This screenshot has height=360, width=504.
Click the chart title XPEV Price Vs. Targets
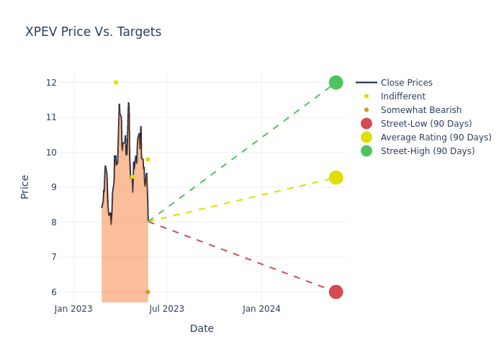[93, 32]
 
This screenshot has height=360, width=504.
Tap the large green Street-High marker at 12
[336, 82]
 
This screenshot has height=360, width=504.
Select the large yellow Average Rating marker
[336, 177]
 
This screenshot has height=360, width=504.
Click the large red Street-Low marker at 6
[336, 292]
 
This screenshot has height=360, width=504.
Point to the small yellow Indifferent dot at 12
[115, 82]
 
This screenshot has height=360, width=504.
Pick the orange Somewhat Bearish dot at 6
[148, 292]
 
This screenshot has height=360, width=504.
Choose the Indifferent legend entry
[402, 96]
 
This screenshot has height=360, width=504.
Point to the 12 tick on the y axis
[51, 82]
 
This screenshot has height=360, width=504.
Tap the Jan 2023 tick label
[73, 309]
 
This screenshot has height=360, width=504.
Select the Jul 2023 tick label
[166, 309]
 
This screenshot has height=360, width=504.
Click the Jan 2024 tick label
[261, 309]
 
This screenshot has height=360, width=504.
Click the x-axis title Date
[202, 329]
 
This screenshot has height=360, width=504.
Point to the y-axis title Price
[25, 186]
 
